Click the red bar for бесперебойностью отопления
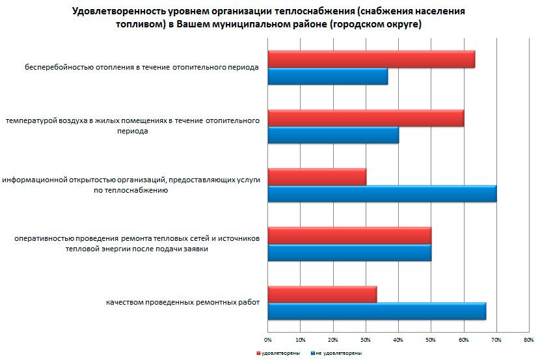click(371, 59)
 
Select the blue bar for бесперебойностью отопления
click(327, 76)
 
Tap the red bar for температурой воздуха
click(366, 118)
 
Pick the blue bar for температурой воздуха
click(333, 135)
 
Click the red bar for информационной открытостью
click(317, 177)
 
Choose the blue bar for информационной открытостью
click(382, 194)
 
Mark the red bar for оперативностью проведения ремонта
click(349, 236)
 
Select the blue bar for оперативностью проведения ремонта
click(349, 253)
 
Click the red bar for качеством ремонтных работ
click(322, 294)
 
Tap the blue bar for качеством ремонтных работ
click(377, 312)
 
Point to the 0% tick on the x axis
click(267, 340)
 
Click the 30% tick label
click(366, 340)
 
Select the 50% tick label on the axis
click(431, 340)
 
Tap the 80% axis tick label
click(528, 340)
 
